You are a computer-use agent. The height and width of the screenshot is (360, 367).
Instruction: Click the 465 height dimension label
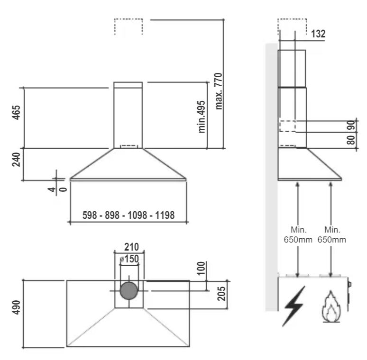click(16, 112)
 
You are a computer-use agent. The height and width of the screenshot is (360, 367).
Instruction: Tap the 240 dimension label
click(16, 160)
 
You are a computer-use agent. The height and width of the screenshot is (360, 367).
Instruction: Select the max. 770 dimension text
click(218, 91)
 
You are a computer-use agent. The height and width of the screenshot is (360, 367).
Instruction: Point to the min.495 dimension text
click(202, 117)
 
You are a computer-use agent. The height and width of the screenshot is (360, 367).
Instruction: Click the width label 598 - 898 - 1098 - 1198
click(128, 216)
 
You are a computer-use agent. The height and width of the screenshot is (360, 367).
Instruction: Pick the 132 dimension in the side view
click(318, 34)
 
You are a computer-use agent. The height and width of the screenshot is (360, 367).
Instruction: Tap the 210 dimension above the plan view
click(131, 247)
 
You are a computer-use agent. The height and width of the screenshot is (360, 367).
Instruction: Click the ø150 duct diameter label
click(129, 259)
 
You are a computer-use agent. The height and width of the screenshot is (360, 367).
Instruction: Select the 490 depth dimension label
click(16, 307)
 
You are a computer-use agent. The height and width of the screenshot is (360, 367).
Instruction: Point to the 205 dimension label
click(221, 294)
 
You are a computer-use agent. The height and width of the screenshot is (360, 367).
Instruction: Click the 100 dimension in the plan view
click(201, 269)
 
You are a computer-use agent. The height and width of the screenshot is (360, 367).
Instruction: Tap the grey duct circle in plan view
click(128, 291)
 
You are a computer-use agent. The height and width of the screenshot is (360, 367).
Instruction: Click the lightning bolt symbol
click(294, 306)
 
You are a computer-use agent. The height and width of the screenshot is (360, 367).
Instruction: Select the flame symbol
click(331, 306)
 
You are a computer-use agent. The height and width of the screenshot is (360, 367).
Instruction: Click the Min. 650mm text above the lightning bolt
click(298, 234)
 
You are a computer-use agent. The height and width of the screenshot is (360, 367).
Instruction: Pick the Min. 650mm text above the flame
click(331, 234)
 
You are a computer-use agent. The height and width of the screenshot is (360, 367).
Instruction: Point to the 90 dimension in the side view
click(351, 126)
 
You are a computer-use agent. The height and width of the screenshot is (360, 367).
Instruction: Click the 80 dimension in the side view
click(351, 140)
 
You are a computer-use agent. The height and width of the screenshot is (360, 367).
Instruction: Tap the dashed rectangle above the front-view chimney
click(128, 19)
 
